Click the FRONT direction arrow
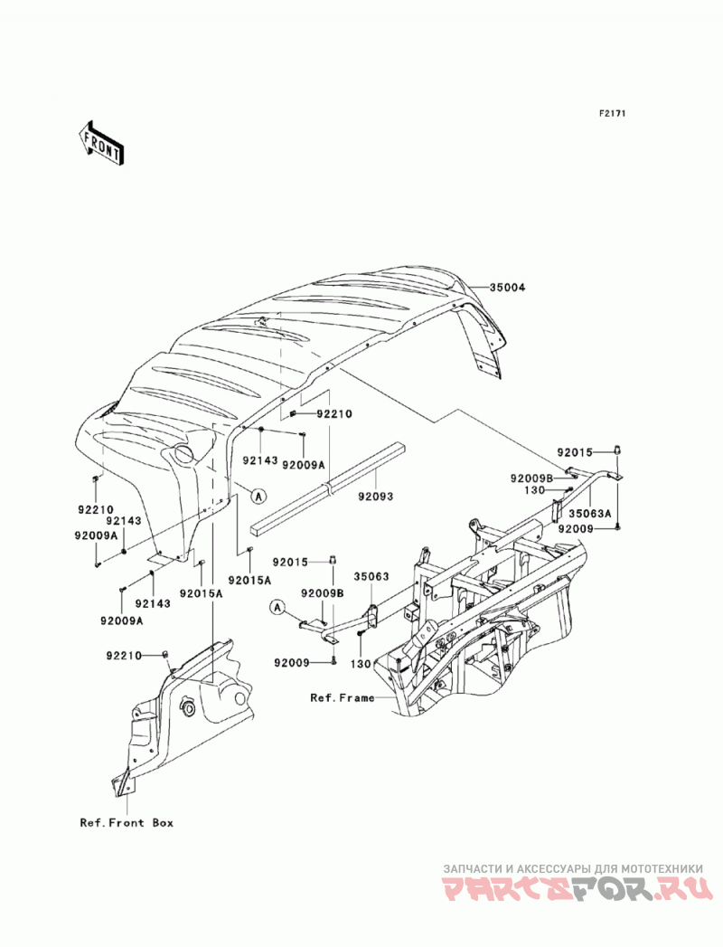point(101,142)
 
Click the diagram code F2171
point(612,113)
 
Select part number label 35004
point(507,288)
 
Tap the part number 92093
point(375,497)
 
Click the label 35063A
point(591,514)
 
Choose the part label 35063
point(371,577)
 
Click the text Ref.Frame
point(343,697)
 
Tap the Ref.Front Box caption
point(127,822)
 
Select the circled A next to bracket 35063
point(277,608)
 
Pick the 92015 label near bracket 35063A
point(575,451)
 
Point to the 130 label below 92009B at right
point(537,490)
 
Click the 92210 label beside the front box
point(123,656)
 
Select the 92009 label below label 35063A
point(576,529)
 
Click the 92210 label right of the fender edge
point(334,414)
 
